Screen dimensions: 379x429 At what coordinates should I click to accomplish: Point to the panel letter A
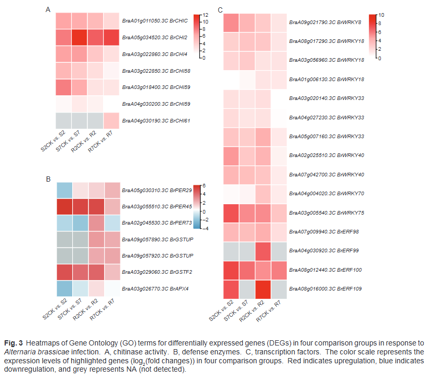click(48, 10)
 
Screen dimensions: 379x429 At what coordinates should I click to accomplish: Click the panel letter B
click(48, 179)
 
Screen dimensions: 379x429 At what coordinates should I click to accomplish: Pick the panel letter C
click(220, 10)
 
